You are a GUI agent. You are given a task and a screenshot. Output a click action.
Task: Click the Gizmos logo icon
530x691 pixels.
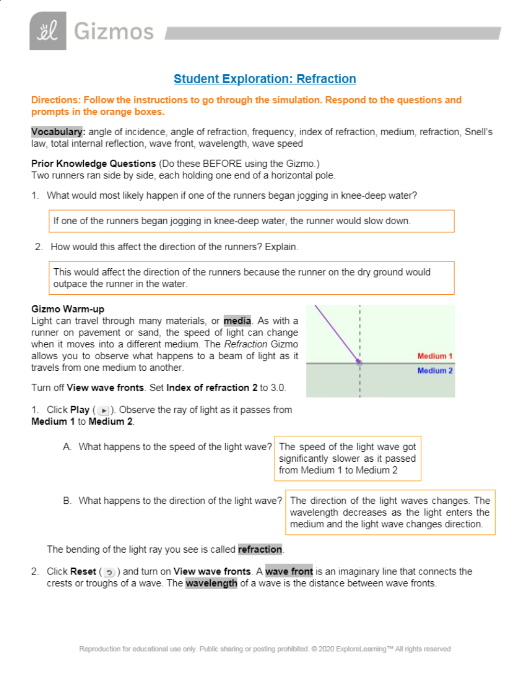tap(48, 31)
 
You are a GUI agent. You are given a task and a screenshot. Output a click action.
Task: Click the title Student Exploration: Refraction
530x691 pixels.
tap(265, 79)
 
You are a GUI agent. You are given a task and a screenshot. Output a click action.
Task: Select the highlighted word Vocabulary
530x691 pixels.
tap(57, 132)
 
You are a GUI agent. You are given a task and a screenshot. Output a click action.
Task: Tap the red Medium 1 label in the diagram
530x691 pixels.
tap(435, 356)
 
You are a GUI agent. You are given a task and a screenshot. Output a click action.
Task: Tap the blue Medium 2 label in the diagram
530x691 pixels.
tap(435, 371)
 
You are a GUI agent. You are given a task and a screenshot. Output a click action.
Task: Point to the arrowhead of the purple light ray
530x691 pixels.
tap(358, 361)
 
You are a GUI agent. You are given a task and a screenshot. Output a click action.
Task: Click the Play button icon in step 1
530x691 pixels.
tap(104, 411)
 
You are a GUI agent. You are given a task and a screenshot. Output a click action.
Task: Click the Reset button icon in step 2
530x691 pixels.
tap(109, 572)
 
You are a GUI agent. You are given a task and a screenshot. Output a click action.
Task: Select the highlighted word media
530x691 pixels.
tap(237, 321)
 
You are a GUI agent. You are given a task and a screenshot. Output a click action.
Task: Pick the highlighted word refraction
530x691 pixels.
tap(260, 550)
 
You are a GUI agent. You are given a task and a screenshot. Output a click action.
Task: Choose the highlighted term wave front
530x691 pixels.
tap(289, 571)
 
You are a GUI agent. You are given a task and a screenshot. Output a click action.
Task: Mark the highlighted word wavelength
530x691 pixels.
tap(211, 583)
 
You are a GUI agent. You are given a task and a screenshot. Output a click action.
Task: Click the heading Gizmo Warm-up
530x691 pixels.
tap(68, 309)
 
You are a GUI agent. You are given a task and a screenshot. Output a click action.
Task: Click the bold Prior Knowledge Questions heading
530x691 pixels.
tap(94, 164)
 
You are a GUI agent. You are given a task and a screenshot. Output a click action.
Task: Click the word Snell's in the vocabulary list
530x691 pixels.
tap(479, 132)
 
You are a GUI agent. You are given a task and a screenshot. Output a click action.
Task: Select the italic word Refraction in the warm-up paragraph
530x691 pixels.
tap(245, 344)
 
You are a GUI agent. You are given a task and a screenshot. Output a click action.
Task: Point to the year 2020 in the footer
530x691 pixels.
tap(326, 649)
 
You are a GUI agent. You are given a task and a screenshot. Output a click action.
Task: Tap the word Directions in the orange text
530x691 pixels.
tap(55, 100)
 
